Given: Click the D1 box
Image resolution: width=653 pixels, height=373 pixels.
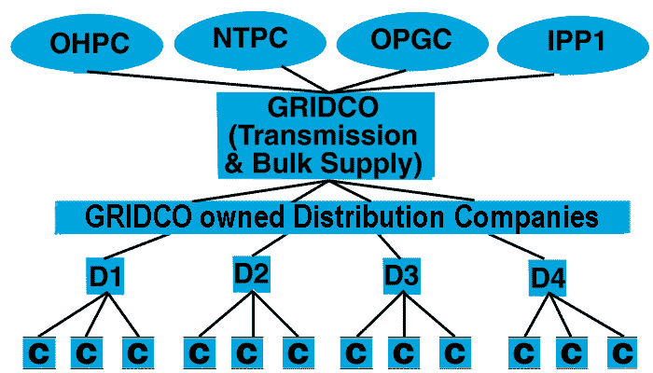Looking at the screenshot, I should click(105, 277).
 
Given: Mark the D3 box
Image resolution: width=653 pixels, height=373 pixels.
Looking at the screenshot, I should click(402, 276).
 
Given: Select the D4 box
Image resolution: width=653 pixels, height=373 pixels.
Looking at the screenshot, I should click(548, 277).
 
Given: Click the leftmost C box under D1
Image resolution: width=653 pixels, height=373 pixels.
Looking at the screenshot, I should click(38, 352).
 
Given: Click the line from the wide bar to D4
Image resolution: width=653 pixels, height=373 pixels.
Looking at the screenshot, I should click(504, 247).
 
